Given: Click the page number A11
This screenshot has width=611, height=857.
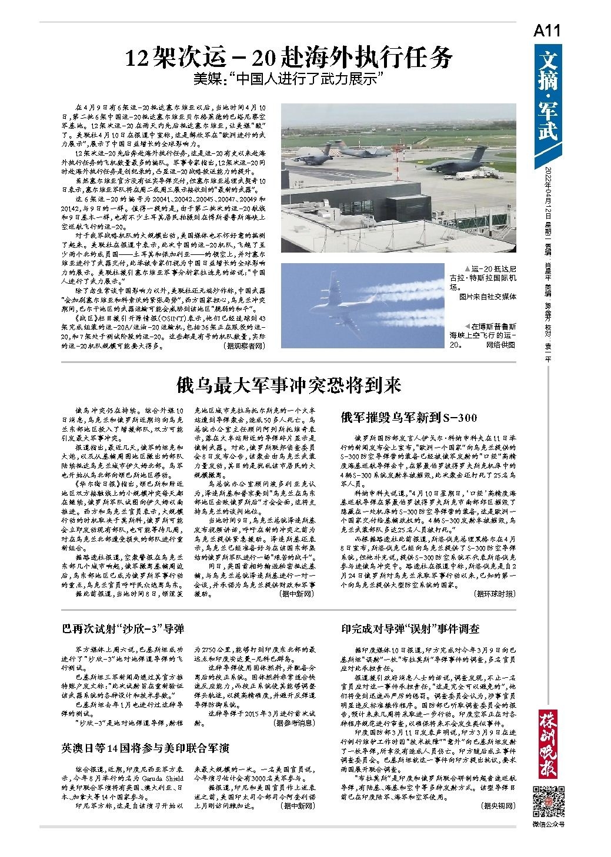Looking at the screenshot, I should tap(547, 31).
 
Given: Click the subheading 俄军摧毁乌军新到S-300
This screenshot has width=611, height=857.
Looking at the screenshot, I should tap(409, 418).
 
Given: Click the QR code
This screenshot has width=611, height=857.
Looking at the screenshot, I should tap(547, 800).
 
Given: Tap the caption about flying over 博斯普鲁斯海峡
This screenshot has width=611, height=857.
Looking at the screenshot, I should tap(482, 335).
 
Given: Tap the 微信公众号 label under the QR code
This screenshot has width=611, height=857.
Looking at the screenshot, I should tap(547, 824).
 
